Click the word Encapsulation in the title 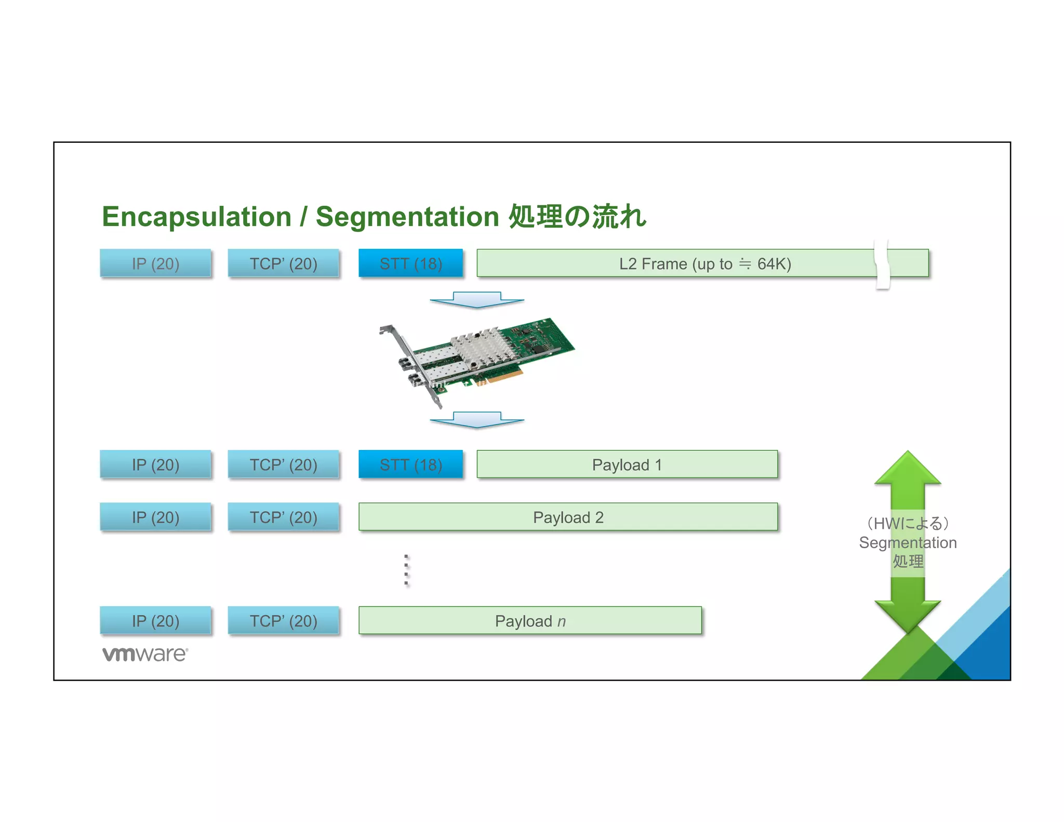tap(196, 217)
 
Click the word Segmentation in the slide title tap(407, 217)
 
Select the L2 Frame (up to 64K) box tap(675, 263)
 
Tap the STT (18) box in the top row tap(410, 263)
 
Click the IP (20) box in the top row tap(155, 263)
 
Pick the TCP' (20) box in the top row tap(283, 263)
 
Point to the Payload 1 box tap(627, 465)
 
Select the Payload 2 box tap(568, 517)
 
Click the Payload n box tap(530, 621)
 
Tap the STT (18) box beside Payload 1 tap(410, 465)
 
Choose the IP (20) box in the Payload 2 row tap(155, 517)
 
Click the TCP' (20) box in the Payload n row tap(283, 621)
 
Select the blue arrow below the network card tap(476, 420)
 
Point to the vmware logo tap(145, 654)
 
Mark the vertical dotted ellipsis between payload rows tap(406, 570)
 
